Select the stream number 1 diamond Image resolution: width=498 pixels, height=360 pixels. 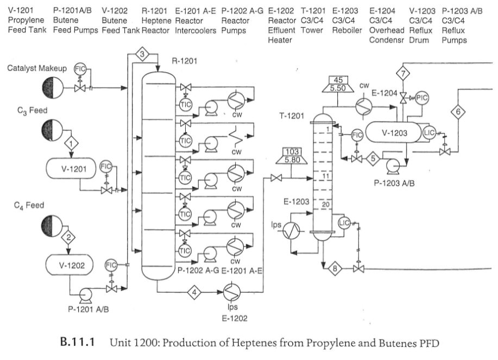(71, 144)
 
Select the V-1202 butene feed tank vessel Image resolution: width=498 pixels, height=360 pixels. (68, 265)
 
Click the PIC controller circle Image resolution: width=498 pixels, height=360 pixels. (422, 97)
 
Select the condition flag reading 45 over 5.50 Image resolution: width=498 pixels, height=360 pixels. (337, 84)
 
